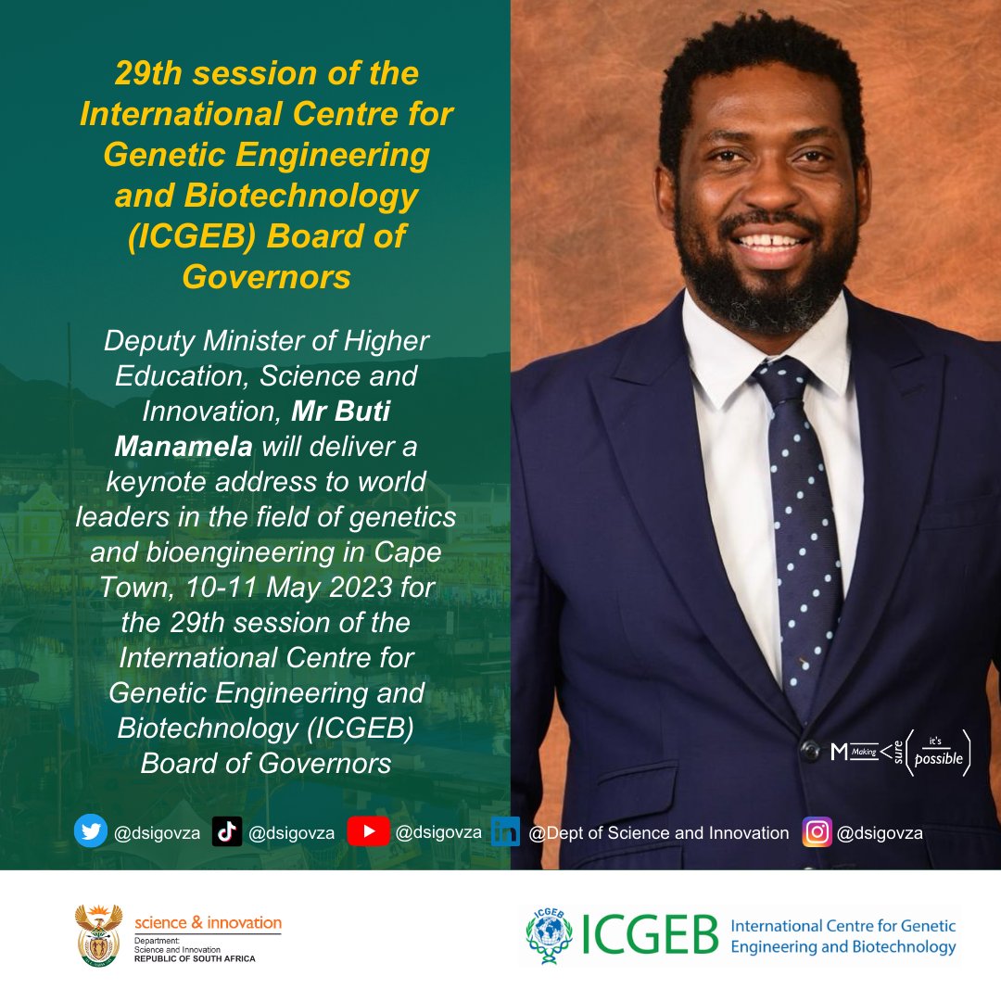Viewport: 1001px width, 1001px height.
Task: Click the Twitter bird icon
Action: coord(91,831)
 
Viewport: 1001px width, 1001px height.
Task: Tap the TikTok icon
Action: coord(227,832)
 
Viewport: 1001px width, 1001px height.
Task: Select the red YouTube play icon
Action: coord(368,831)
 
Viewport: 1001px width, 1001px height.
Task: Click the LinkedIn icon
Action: coord(505,832)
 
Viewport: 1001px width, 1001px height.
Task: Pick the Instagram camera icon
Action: coord(817,832)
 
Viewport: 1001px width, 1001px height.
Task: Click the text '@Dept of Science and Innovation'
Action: coord(658,833)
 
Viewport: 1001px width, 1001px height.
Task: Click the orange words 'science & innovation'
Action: coord(208,923)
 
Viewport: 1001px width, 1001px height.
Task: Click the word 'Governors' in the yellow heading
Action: coord(266,276)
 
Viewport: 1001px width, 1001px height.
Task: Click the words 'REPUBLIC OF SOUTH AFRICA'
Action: coord(195,957)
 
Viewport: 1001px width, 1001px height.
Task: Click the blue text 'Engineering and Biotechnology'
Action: coord(843,946)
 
